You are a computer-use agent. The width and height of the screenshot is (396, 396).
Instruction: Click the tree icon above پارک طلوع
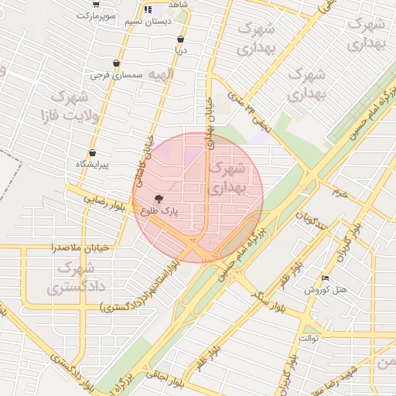click(x=160, y=198)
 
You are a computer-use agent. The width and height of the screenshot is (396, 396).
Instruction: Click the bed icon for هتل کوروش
click(x=325, y=278)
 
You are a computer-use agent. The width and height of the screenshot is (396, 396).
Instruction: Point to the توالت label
click(x=309, y=339)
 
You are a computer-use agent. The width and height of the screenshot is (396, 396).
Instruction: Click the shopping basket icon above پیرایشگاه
click(x=93, y=153)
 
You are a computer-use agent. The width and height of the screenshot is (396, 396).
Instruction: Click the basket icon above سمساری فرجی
click(x=116, y=63)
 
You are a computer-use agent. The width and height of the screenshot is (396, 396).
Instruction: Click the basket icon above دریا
click(x=180, y=39)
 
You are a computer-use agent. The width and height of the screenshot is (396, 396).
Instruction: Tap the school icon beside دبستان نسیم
click(x=147, y=10)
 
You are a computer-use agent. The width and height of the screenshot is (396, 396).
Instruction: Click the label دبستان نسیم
click(x=145, y=22)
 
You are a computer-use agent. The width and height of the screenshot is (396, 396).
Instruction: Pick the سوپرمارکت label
click(x=107, y=15)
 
